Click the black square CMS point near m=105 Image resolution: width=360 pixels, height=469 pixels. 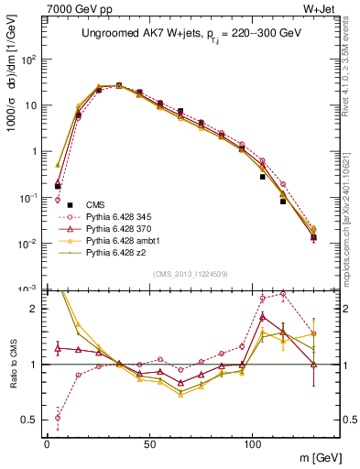(x=263, y=176)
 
